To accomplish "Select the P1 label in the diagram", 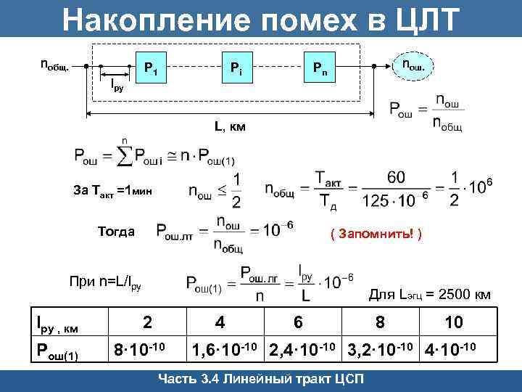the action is tap(152, 69).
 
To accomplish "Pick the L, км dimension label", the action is tap(230, 128).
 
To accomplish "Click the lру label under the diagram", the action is tap(117, 86).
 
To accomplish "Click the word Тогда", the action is tap(116, 232).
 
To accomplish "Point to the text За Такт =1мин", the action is tap(113, 192).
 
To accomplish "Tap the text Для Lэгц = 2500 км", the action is tap(430, 295).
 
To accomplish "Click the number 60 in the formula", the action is tap(397, 177).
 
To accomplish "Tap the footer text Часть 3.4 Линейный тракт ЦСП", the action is tap(261, 380).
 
